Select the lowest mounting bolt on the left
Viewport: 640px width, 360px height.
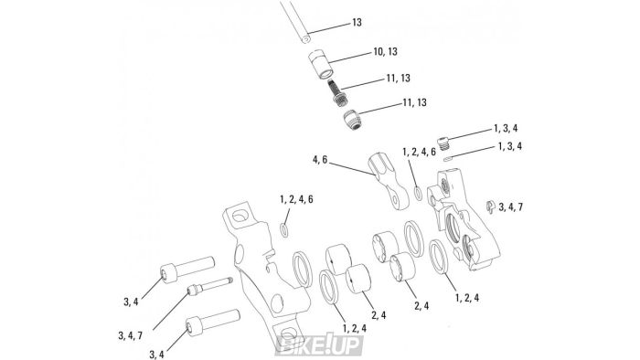[205, 324]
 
